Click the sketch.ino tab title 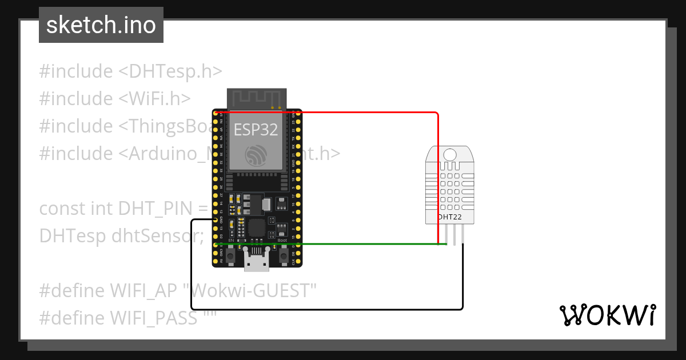pyautogui.click(x=101, y=25)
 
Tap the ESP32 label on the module pyautogui.click(x=256, y=130)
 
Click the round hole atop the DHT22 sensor pyautogui.click(x=450, y=155)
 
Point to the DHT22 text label pyautogui.click(x=450, y=217)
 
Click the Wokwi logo pyautogui.click(x=607, y=315)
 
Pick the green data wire pyautogui.click(x=343, y=244)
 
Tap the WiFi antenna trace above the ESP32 pyautogui.click(x=256, y=98)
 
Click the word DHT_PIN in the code pyautogui.click(x=154, y=209)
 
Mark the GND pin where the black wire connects pyautogui.click(x=216, y=219)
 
